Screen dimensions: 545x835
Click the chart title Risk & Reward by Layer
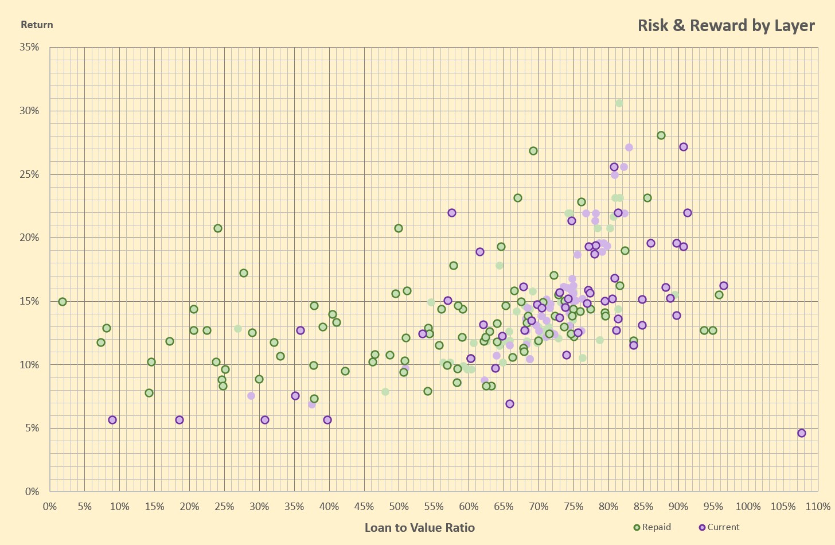click(726, 26)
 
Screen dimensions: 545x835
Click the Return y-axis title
click(37, 25)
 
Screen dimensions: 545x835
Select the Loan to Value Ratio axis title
click(419, 528)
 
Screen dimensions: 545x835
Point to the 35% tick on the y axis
click(29, 47)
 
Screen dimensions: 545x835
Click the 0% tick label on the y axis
click(33, 492)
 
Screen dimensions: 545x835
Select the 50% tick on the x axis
click(399, 507)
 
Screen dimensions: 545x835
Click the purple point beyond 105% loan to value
click(802, 433)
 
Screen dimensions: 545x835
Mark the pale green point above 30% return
click(619, 103)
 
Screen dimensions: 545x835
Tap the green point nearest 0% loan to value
click(63, 302)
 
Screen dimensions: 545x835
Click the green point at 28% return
click(661, 135)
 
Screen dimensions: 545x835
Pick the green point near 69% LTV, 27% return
click(533, 151)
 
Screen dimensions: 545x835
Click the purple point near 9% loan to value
click(112, 420)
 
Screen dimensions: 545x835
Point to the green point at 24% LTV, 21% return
click(218, 228)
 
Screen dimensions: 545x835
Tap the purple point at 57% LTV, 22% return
click(452, 213)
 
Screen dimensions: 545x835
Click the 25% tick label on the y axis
click(29, 174)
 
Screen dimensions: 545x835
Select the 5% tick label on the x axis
click(84, 507)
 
